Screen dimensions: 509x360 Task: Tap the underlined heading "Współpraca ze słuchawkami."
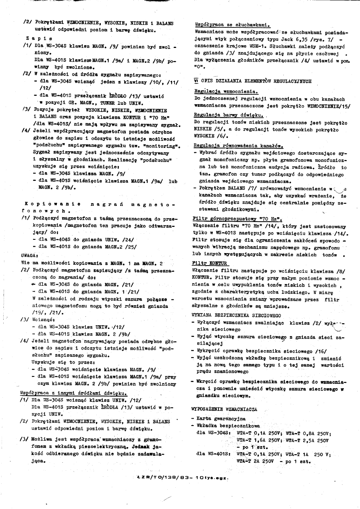click(x=232, y=24)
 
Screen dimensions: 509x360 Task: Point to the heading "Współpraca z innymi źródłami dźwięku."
click(x=73, y=392)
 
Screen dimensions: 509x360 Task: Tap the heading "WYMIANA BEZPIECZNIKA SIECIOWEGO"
click(x=236, y=315)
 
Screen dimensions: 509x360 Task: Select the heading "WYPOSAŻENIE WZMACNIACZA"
click(x=224, y=409)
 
